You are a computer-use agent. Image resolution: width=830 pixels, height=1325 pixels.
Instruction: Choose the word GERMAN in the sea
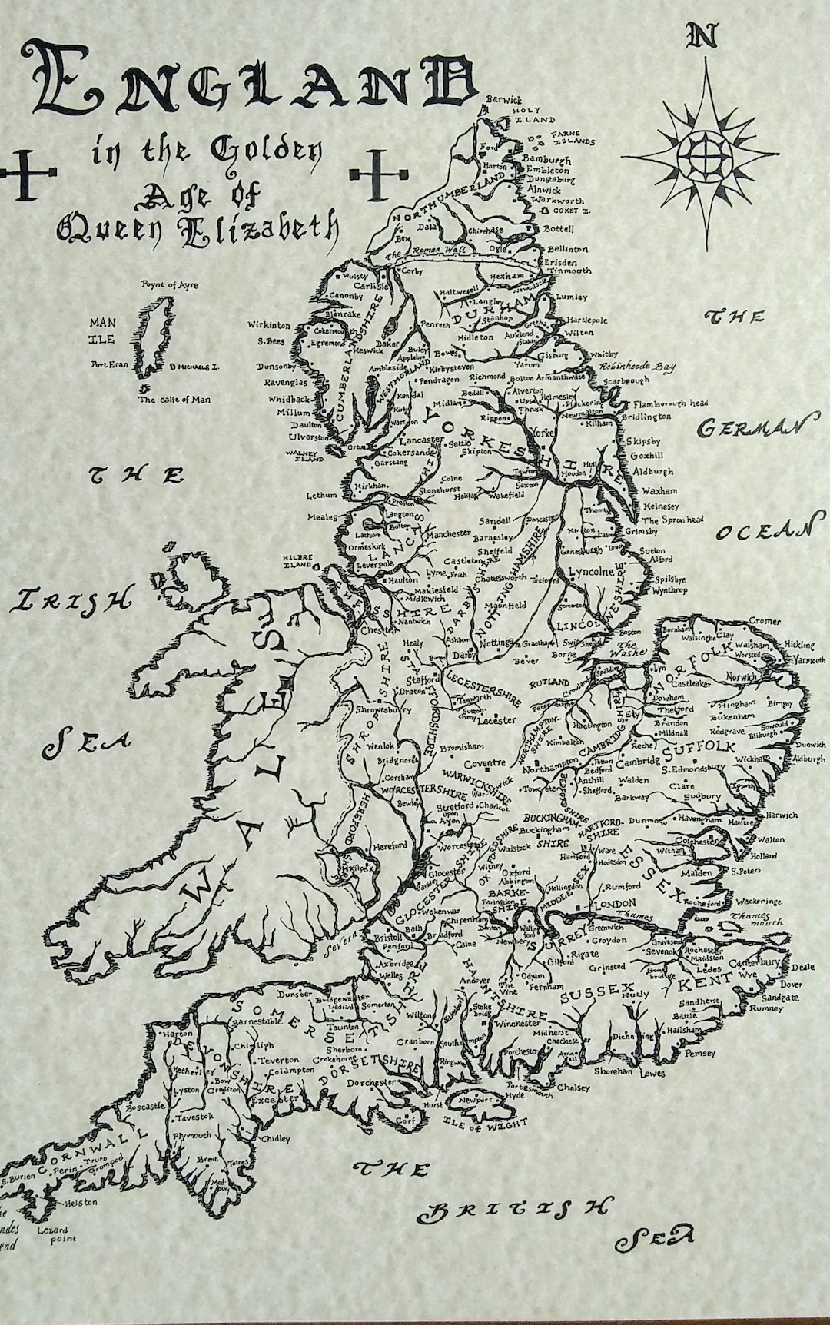[756, 429]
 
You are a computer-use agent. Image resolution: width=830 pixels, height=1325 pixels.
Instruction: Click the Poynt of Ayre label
[169, 285]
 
